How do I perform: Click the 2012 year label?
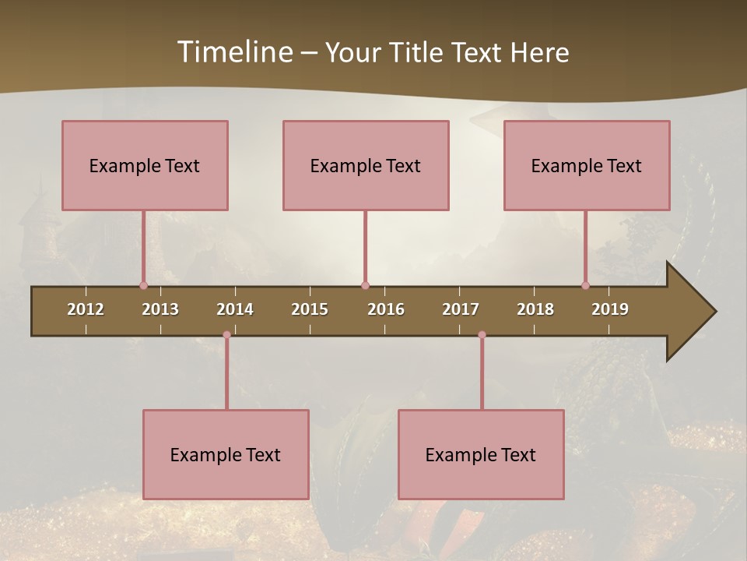point(86,309)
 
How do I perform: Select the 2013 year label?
point(160,309)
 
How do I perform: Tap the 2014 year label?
point(235,309)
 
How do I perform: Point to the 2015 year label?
point(310,309)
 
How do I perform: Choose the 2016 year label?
point(386,309)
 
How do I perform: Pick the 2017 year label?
point(461,309)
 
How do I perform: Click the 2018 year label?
point(535,309)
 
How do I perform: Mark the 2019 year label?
point(610,309)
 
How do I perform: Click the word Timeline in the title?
point(234,52)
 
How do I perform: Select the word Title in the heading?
point(416,52)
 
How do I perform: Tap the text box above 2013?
point(145,165)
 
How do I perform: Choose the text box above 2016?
point(366,165)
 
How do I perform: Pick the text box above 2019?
point(587,165)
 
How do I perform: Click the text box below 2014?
point(226,454)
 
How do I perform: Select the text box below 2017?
point(481,454)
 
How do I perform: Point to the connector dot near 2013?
point(143,286)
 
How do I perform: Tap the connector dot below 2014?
point(226,335)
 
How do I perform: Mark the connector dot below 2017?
point(482,335)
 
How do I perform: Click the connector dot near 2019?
point(585,286)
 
